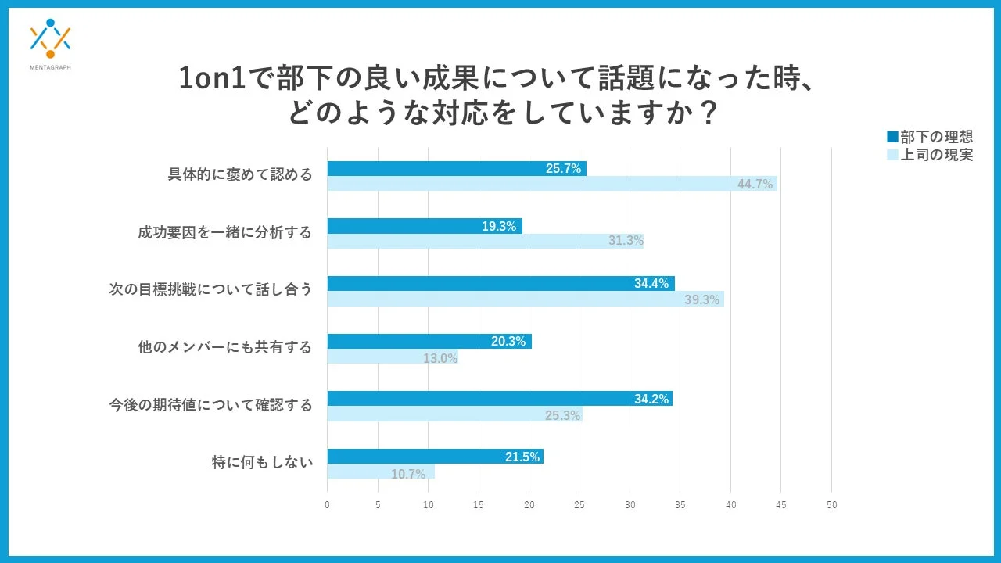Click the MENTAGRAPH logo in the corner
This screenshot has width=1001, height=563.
tap(50, 43)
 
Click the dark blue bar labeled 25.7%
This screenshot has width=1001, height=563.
tap(456, 168)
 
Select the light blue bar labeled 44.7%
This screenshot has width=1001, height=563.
tap(551, 184)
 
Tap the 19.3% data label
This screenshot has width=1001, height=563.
tap(499, 226)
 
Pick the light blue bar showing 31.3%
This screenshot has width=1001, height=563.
tap(485, 241)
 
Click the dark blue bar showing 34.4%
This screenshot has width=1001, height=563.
tap(500, 283)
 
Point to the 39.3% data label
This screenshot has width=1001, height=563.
tap(701, 299)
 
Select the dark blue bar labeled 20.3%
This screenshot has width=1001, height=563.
tap(429, 341)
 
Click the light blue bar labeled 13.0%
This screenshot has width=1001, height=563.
tap(392, 357)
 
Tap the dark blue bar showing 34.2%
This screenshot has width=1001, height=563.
tap(499, 399)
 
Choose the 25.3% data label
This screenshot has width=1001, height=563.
tap(562, 415)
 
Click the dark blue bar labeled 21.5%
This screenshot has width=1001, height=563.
tap(435, 457)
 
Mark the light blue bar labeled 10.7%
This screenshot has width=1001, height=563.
tap(380, 472)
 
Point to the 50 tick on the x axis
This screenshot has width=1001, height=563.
tap(832, 505)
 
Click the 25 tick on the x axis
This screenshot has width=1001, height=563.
tap(579, 505)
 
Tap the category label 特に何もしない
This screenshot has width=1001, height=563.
tap(262, 463)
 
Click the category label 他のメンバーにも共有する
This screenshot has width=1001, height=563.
tap(225, 347)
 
